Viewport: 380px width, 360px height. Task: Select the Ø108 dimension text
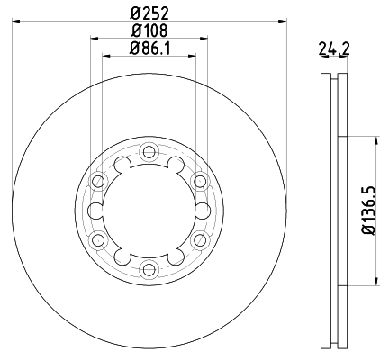coord(149,30)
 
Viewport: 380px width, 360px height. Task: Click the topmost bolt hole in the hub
coord(149,150)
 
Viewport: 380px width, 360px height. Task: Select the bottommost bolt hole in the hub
coord(149,269)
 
